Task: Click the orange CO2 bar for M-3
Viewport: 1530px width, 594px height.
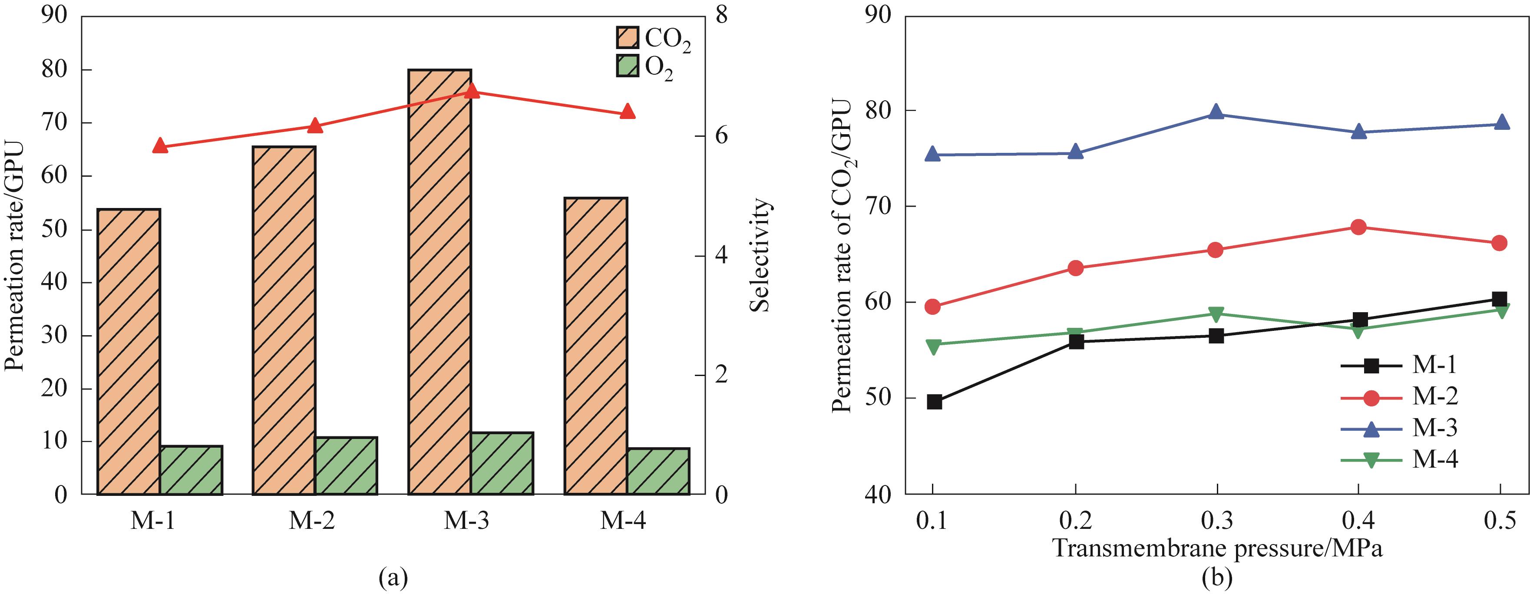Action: pos(440,282)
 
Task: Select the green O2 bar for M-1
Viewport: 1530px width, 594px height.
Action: pos(191,470)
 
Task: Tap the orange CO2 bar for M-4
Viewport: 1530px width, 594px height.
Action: pos(596,346)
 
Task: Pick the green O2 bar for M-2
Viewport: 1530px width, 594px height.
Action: pos(346,466)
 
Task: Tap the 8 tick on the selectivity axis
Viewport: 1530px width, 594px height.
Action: pos(722,16)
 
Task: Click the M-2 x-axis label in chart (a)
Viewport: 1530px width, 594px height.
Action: pos(312,521)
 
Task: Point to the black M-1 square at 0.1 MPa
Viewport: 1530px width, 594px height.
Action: pos(934,402)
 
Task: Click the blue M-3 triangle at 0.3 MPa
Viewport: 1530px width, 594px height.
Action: pos(1216,112)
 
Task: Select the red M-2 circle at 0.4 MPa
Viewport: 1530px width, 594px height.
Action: pos(1358,227)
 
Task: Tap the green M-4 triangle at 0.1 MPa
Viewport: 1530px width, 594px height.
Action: pos(933,346)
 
